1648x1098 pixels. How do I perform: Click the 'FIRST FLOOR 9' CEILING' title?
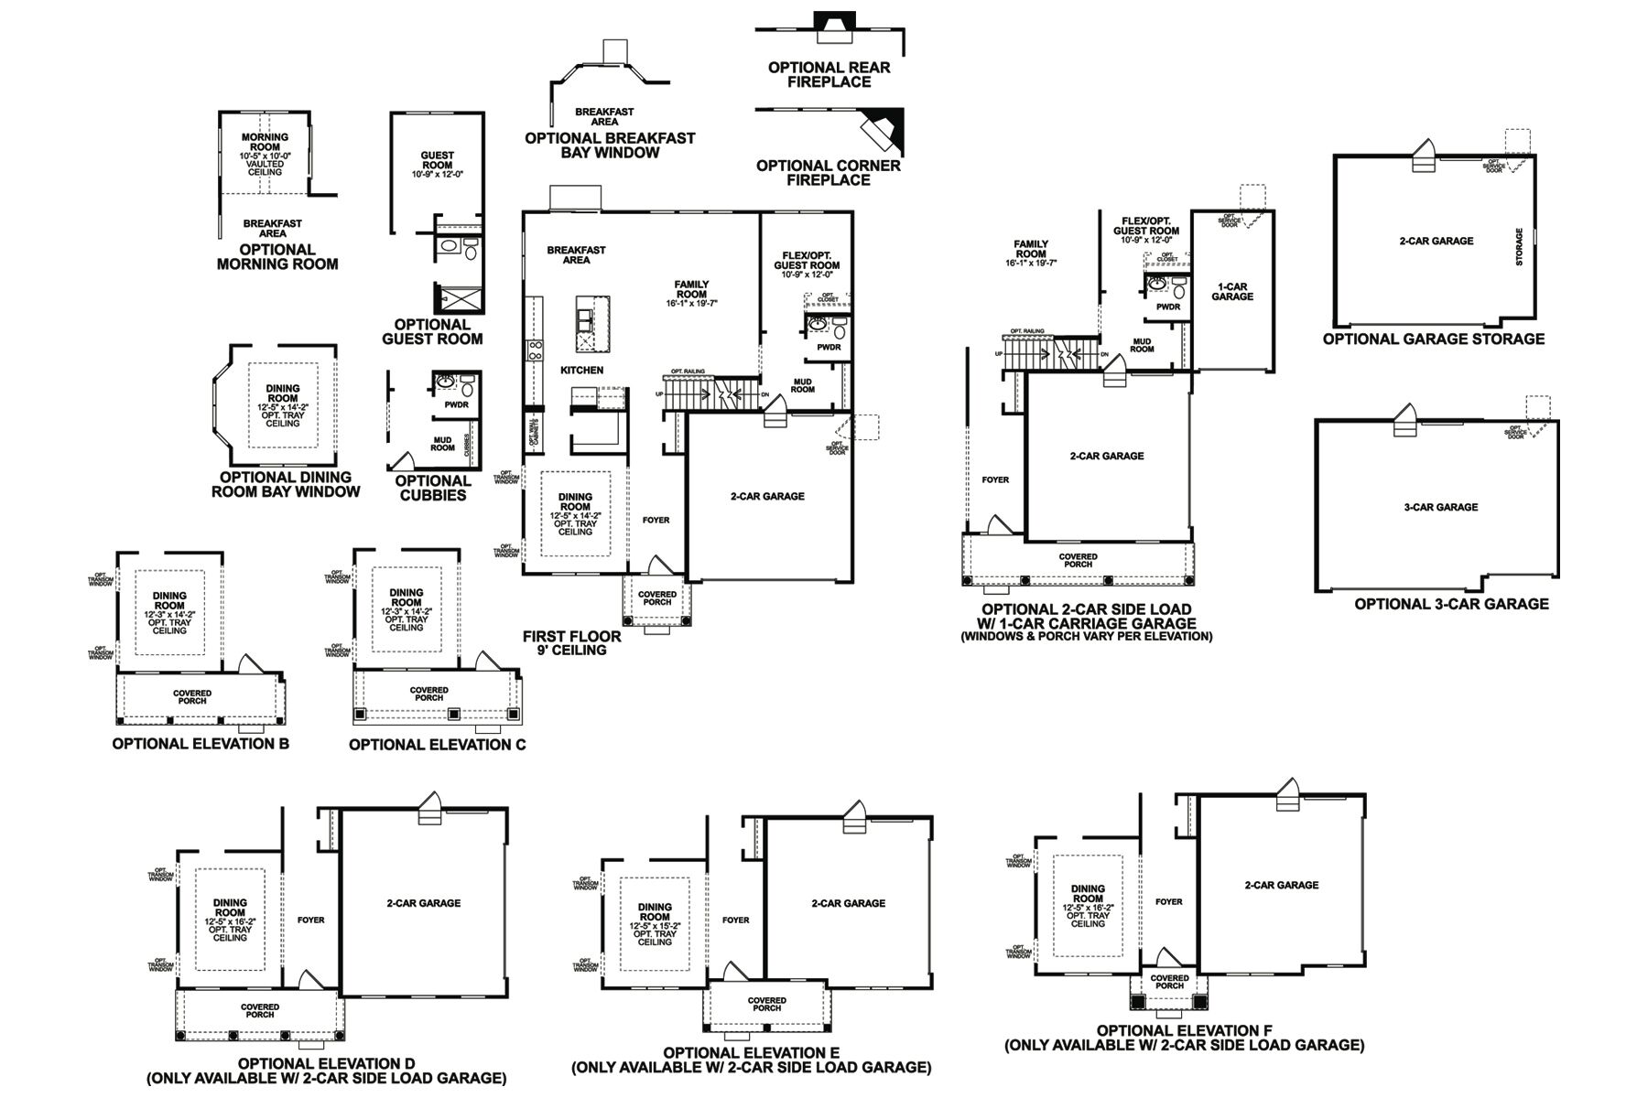[571, 643]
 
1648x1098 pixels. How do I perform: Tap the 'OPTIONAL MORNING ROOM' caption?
[276, 257]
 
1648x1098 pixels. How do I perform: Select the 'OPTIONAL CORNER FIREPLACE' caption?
[829, 173]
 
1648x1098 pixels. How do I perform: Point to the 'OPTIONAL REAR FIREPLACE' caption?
[829, 74]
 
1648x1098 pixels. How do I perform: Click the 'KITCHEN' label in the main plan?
[581, 371]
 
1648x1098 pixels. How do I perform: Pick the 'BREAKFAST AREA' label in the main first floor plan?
[576, 255]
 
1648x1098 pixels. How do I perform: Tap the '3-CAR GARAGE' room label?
[1440, 507]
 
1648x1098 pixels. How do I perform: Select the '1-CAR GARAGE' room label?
[1231, 292]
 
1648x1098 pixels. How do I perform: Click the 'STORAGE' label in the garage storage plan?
[1519, 247]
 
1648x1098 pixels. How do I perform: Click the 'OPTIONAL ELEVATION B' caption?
[201, 744]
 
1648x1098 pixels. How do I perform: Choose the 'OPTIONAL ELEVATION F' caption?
[1184, 1038]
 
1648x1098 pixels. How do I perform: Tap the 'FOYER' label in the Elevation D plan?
[310, 920]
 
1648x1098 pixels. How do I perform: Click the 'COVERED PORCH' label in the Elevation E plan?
[766, 1005]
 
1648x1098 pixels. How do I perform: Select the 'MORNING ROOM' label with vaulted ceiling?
[265, 142]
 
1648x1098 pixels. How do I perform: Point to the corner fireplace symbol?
[883, 128]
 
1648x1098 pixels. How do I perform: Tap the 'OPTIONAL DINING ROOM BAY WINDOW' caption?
[286, 485]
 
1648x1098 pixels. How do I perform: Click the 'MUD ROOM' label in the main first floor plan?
[802, 385]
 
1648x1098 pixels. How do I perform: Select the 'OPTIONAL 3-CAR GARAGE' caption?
[1451, 604]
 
